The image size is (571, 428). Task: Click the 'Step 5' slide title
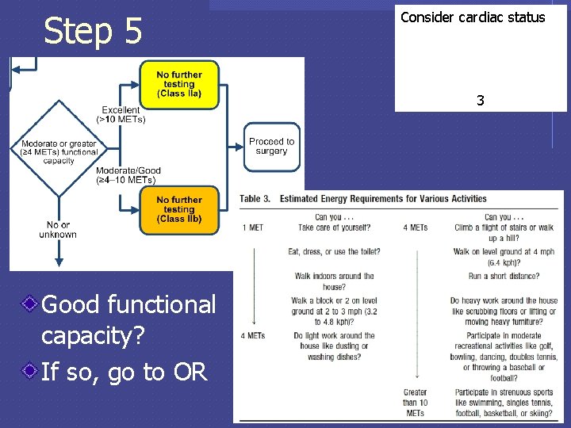[x=93, y=31]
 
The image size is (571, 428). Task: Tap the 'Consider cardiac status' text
[x=473, y=17]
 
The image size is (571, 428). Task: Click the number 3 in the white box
[x=480, y=101]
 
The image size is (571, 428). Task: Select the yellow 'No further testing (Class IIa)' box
[x=178, y=84]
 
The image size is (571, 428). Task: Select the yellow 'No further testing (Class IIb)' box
[x=178, y=209]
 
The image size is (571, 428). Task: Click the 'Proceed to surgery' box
[x=271, y=147]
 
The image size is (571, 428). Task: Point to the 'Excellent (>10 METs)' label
[x=121, y=114]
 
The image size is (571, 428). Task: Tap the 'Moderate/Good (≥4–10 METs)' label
[x=128, y=175]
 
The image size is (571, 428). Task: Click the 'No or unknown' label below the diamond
[x=58, y=230]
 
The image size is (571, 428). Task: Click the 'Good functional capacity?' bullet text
[x=128, y=319]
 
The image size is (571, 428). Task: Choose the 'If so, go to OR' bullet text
[x=123, y=369]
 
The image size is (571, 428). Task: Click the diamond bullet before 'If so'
[x=29, y=369]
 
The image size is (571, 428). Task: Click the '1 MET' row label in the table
[x=255, y=227]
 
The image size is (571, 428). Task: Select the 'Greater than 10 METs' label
[x=415, y=403]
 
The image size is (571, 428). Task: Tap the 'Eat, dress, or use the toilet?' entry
[x=334, y=252]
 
